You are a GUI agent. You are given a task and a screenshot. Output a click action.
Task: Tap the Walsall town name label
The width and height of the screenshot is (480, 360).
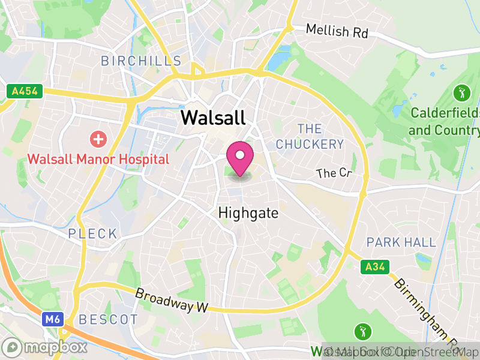213,116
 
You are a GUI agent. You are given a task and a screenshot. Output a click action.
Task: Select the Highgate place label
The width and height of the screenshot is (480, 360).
248,213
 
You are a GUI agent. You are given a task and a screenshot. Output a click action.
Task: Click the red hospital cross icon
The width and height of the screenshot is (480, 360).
98,140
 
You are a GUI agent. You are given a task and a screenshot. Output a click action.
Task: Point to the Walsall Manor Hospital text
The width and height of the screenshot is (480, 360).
98,160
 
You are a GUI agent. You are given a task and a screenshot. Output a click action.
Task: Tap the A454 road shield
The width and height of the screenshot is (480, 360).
24,91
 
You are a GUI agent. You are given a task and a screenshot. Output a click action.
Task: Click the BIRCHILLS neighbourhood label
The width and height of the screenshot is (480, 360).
141,61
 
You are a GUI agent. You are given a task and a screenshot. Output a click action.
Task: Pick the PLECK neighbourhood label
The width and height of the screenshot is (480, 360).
93,233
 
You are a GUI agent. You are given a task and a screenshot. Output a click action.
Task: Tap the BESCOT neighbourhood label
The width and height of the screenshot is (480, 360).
109,319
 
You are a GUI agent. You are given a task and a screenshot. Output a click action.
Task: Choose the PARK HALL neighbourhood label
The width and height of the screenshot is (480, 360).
401,242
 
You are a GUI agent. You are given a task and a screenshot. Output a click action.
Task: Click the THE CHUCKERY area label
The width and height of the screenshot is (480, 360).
310,136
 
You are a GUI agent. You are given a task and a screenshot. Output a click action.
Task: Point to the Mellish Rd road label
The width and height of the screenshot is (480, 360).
337,31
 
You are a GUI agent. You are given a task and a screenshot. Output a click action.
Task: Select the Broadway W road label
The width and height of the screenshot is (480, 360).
172,301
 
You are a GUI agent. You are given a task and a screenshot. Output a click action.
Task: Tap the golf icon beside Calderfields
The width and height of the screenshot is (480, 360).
461,93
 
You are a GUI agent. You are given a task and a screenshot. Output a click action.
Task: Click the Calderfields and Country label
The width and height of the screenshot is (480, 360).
445,121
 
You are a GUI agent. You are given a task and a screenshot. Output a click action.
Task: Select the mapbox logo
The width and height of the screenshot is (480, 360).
46,347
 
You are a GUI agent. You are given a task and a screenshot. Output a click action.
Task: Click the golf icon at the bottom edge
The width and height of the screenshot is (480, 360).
363,331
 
